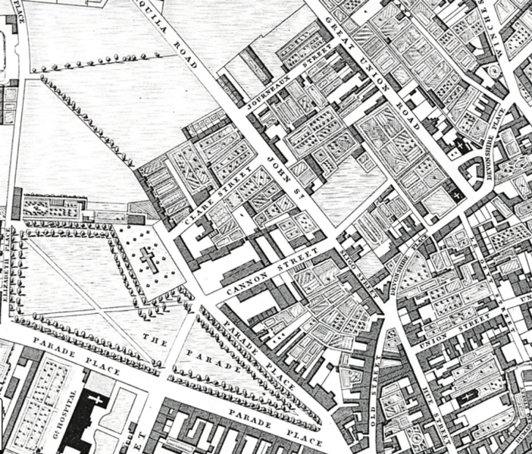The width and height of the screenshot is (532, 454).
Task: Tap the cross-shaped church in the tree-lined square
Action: [149, 261]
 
